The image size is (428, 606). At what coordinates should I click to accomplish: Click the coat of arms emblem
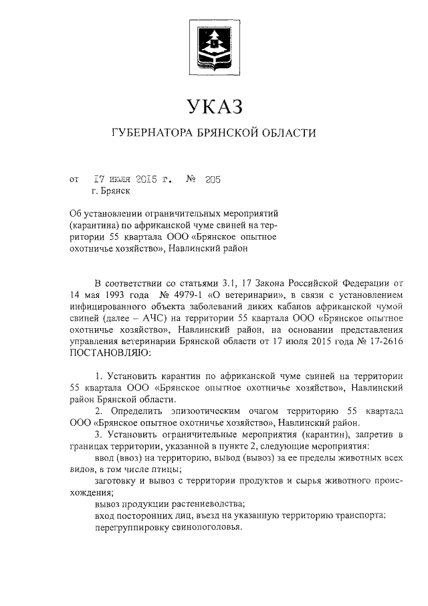point(213,48)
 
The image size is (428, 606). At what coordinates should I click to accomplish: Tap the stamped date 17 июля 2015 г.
point(133,179)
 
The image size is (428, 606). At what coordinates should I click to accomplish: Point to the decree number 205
point(213,179)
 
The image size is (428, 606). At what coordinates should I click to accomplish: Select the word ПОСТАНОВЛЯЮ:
point(111,350)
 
